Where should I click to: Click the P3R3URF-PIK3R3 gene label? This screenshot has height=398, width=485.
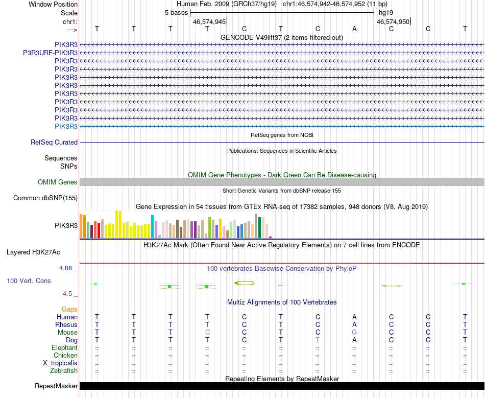click(x=50, y=53)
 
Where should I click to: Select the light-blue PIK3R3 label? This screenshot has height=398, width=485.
click(x=66, y=126)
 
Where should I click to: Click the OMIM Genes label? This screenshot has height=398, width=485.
click(x=58, y=182)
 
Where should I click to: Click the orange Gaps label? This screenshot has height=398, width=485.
click(x=69, y=310)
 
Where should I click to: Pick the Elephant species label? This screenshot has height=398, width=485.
click(x=64, y=348)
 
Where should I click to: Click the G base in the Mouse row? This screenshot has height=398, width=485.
click(x=354, y=333)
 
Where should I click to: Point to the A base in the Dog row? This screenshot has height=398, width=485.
click(x=354, y=340)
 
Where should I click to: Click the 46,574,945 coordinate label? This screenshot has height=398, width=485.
click(x=209, y=22)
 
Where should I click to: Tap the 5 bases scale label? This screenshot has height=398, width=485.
click(x=176, y=13)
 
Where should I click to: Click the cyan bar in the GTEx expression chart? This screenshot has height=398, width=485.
click(x=153, y=226)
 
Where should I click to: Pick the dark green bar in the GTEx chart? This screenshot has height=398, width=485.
click(x=260, y=227)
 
